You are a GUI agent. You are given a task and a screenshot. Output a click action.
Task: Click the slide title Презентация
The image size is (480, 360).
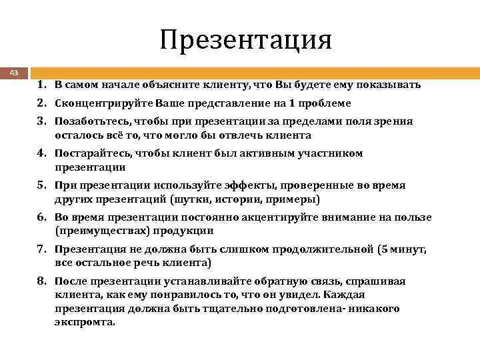pos(245,40)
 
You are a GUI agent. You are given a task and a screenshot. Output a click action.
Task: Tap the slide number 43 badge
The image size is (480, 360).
pos(14,72)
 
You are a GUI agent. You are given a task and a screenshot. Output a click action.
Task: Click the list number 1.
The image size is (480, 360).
pos(41,86)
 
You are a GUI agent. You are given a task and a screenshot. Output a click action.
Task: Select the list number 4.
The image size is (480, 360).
pos(41,153)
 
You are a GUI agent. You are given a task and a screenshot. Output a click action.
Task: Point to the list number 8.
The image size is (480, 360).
pos(41,281)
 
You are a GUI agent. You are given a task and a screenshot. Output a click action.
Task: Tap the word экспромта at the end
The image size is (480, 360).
pos(85,321)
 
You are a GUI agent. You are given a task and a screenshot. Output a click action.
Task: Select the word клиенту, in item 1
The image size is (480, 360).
pos(221,86)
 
